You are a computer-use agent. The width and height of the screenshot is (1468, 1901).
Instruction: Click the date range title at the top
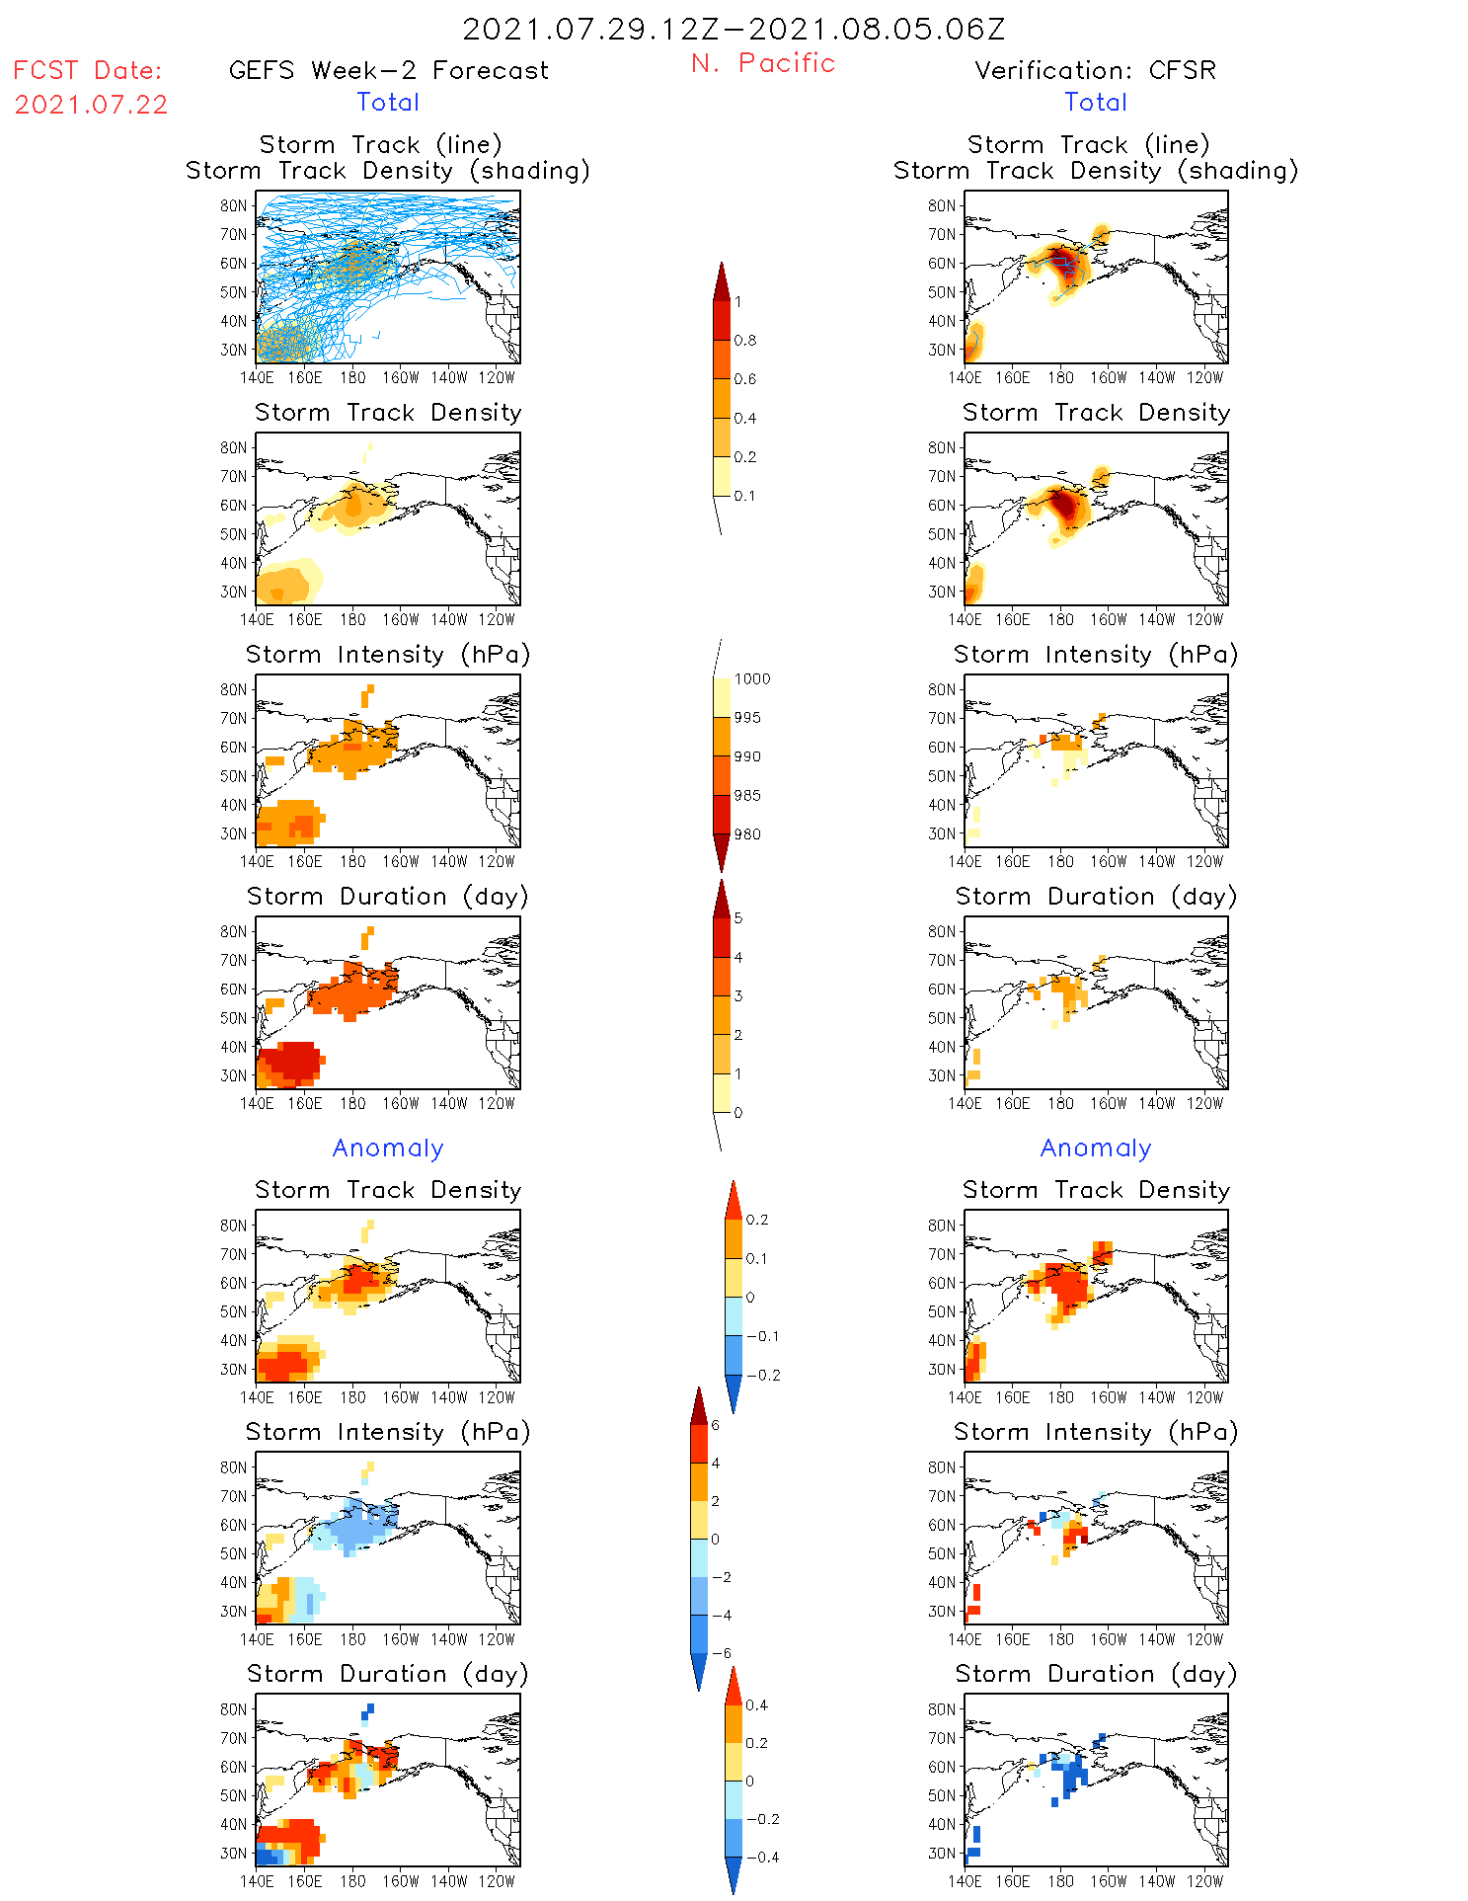click(734, 29)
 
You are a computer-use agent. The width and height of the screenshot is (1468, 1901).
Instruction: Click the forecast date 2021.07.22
click(91, 105)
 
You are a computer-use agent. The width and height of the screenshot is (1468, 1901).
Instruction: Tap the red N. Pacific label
click(763, 63)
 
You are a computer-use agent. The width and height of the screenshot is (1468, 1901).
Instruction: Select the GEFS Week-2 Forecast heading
click(388, 70)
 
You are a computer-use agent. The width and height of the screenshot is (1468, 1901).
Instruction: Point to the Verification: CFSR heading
click(1095, 70)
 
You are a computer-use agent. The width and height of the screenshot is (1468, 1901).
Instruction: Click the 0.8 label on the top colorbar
click(745, 341)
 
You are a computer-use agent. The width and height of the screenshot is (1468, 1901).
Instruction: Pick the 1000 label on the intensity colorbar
click(751, 679)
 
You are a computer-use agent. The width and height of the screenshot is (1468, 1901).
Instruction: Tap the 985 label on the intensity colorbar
click(747, 796)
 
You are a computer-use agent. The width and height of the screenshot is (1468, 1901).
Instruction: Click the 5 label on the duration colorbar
click(738, 918)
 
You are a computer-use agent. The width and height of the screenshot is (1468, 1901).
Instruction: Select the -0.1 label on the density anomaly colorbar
click(761, 1336)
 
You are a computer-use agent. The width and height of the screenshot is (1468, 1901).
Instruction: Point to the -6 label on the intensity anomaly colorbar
click(721, 1653)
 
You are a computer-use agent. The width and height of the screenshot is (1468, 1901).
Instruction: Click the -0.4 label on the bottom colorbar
click(761, 1858)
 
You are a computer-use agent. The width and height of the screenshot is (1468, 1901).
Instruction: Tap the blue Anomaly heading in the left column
click(388, 1149)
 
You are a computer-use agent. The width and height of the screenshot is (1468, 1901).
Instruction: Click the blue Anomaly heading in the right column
click(1096, 1149)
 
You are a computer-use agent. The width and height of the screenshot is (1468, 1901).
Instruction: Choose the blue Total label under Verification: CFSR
click(1096, 103)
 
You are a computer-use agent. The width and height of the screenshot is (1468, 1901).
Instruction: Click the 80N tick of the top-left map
click(234, 205)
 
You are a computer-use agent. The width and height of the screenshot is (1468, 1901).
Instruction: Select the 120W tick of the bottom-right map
click(1204, 1881)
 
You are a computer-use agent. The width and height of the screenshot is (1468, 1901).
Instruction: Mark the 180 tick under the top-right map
click(1060, 377)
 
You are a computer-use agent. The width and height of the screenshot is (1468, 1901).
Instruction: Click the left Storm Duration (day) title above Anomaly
click(388, 897)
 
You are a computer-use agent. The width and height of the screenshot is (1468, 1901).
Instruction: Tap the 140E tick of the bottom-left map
click(257, 1881)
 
